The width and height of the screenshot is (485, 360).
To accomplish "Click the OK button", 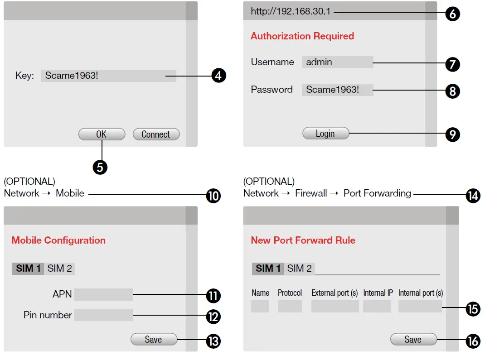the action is (102, 134).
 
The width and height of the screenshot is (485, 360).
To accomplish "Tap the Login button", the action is (326, 133).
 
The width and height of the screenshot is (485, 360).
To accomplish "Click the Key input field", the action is (109, 76).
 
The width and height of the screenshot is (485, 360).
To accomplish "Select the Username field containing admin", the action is (338, 62).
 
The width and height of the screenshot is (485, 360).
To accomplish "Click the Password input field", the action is (338, 90).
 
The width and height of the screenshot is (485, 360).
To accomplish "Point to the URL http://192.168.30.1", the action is (291, 11).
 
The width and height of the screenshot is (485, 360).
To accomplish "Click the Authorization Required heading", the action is (302, 36).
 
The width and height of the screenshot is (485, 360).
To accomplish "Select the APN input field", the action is (104, 294).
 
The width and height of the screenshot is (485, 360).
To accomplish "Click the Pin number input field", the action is (104, 315).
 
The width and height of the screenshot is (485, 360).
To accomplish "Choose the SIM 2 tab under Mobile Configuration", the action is (60, 269).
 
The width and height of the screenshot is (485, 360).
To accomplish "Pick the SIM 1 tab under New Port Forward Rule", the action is (268, 269).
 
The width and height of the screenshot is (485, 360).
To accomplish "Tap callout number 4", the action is (218, 76).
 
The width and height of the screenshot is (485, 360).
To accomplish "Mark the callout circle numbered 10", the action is (213, 196).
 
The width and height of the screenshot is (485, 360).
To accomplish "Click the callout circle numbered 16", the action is (473, 341).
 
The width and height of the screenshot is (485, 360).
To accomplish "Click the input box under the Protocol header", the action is (290, 306).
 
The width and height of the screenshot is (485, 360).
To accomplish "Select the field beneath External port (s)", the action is (335, 306).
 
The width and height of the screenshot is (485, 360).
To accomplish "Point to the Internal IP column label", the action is (378, 293).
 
